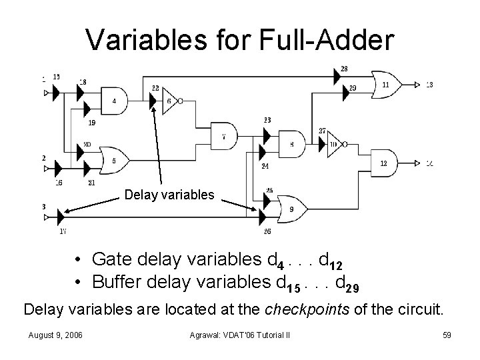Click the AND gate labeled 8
coord(291,143)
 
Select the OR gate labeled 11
coord(385,85)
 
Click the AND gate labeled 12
coord(383,163)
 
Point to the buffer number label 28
coord(343,69)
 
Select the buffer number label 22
coord(155,88)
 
